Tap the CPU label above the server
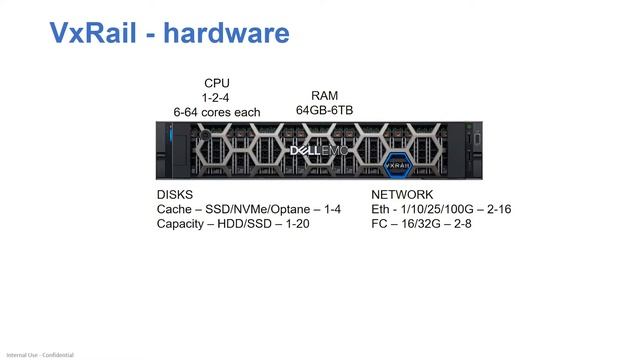(x=217, y=83)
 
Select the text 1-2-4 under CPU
(x=217, y=98)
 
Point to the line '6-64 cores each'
(x=217, y=112)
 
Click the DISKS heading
(x=175, y=195)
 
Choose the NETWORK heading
(x=402, y=195)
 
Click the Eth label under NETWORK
(x=381, y=209)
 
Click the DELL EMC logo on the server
(x=318, y=151)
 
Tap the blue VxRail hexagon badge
(x=399, y=157)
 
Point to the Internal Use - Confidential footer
(x=40, y=355)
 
